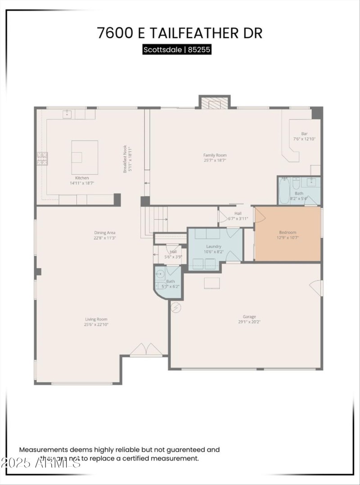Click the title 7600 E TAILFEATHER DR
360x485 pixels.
click(180, 33)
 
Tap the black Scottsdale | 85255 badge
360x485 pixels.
click(177, 49)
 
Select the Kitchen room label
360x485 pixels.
click(82, 178)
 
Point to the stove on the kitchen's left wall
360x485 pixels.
click(42, 158)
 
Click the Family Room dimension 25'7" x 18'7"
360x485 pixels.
click(215, 160)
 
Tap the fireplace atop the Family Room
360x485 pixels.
click(214, 103)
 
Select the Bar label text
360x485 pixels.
click(304, 134)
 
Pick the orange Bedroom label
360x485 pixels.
click(288, 232)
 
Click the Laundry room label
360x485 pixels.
click(213, 247)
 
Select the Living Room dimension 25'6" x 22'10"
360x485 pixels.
click(96, 324)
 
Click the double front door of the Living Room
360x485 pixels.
click(146, 350)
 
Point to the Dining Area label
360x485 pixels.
click(105, 233)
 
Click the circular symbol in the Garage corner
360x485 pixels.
click(176, 308)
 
